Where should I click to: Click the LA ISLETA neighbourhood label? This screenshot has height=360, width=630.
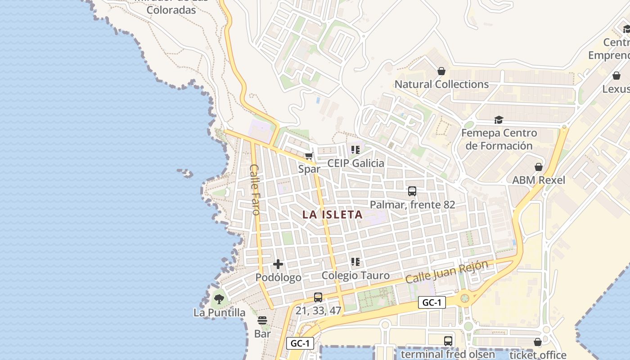coord(333,215)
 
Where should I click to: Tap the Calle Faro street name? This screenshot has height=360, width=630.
coord(255,189)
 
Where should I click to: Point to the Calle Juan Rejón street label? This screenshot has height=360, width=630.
coord(446,272)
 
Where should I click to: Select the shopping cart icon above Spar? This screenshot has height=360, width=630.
coord(309,156)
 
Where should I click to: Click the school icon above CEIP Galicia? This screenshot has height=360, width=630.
coord(355,150)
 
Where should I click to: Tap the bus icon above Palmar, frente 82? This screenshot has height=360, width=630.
coord(412,191)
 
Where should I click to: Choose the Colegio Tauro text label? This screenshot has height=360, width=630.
coord(355,275)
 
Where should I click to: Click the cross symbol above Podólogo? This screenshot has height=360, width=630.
coord(278,264)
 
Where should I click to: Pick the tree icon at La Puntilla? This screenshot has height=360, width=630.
coord(219,299)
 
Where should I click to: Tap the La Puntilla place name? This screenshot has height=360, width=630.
coord(219,312)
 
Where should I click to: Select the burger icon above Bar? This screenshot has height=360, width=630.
coord(262,320)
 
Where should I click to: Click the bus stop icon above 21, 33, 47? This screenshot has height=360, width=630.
coord(318,297)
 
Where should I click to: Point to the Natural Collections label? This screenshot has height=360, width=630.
coord(441,84)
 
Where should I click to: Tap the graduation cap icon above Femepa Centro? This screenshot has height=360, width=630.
coord(499,120)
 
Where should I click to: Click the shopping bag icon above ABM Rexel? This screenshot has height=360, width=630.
coord(539,167)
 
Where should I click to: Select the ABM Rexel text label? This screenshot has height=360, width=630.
coord(539,180)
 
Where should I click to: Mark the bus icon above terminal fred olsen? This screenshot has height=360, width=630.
coord(448,341)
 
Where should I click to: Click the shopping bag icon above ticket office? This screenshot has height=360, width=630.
coord(538,342)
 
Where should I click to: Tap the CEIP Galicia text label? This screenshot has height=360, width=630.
coord(355,163)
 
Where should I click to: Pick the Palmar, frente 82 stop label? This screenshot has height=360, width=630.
coord(412,205)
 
